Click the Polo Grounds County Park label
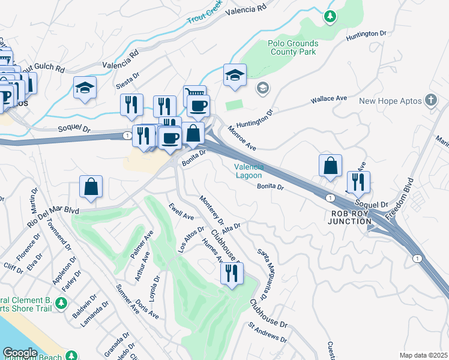[291, 47]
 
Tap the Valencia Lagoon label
[248, 171]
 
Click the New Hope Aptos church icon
[430, 100]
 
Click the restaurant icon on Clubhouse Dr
[231, 273]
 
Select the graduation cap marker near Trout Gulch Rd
[85, 88]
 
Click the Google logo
[20, 353]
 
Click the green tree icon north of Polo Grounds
[330, 16]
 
